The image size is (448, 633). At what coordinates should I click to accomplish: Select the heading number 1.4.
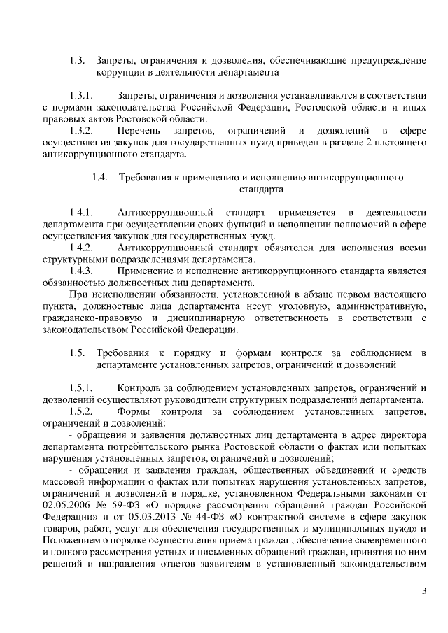(100, 177)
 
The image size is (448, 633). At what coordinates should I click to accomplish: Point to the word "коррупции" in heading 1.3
(120, 71)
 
